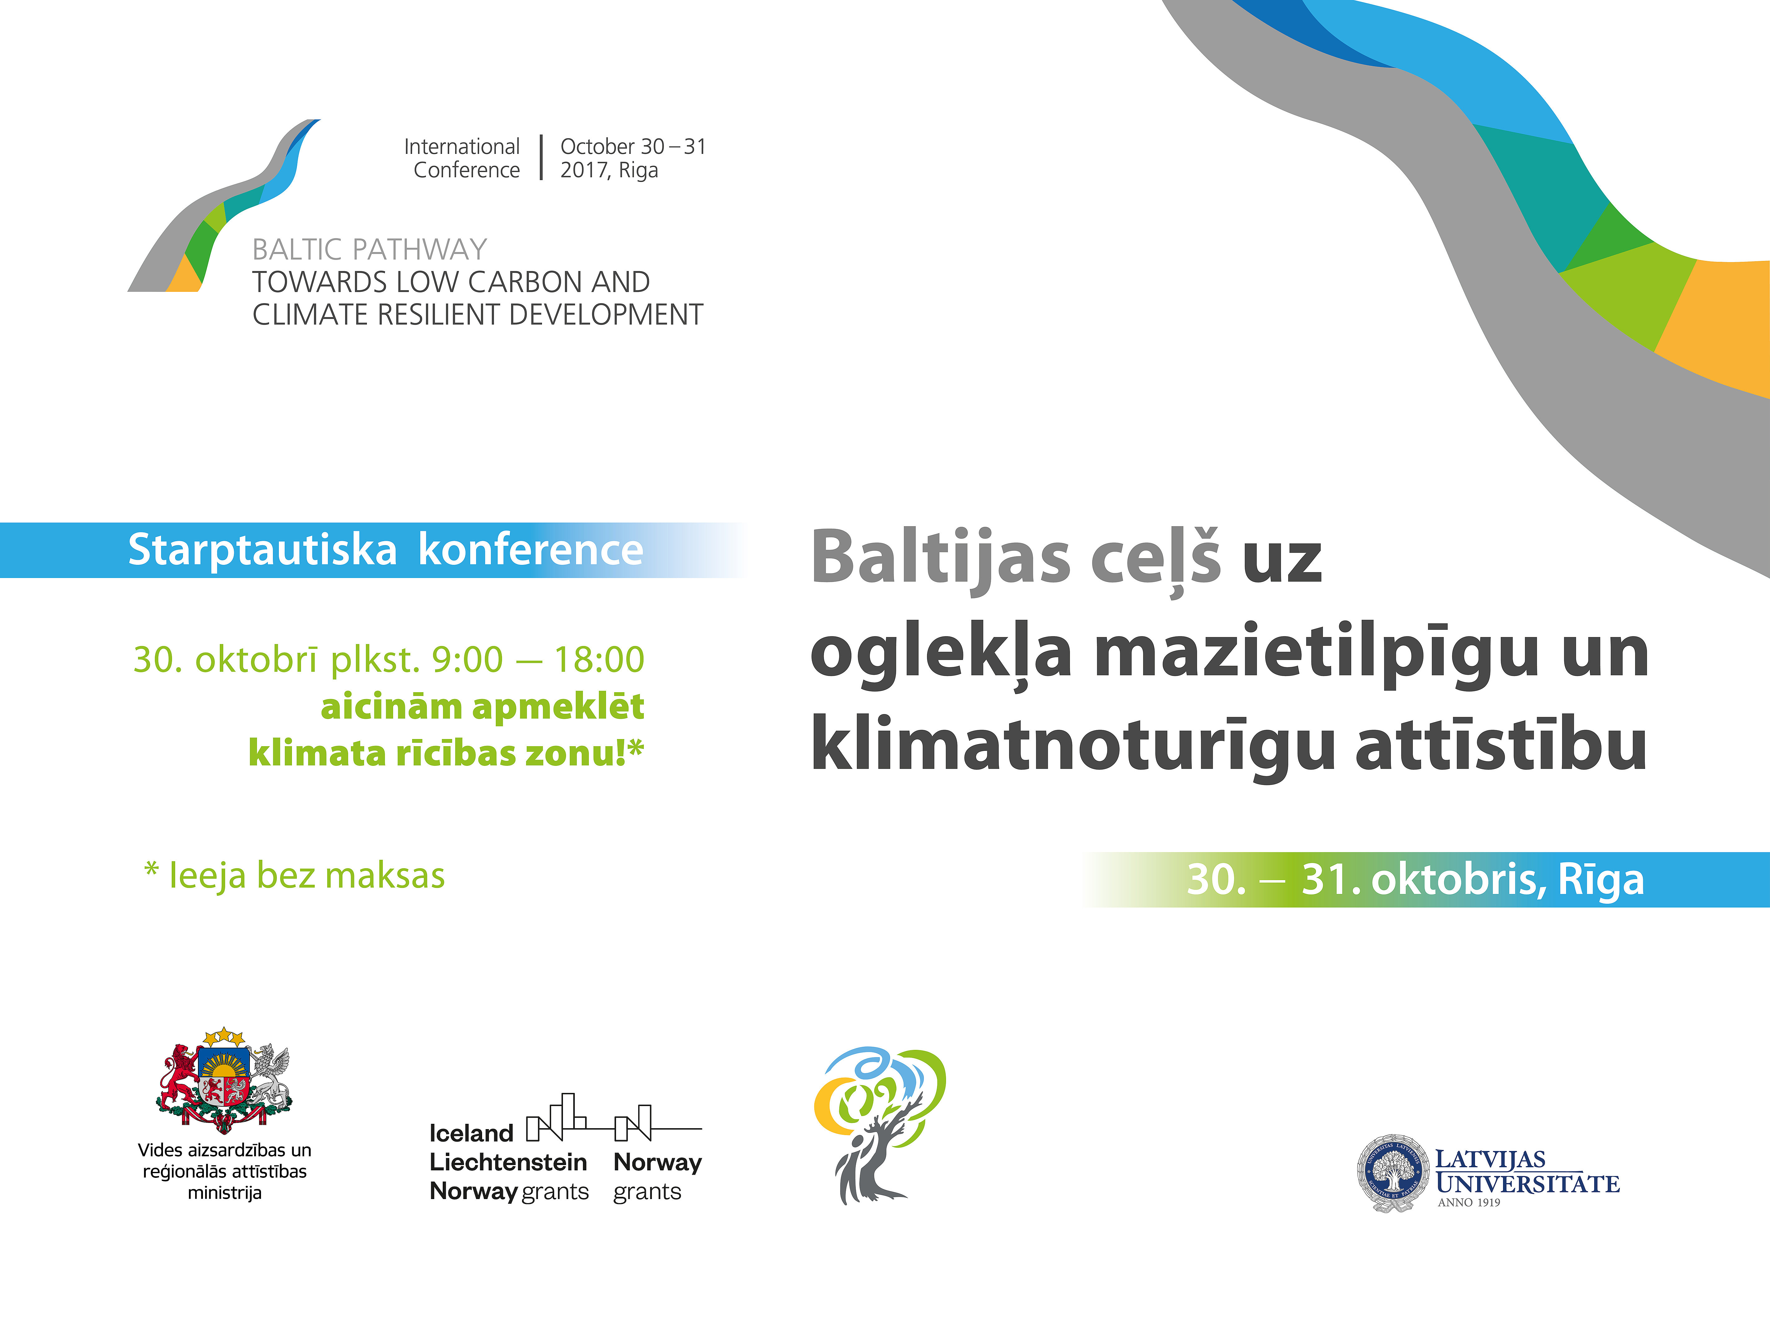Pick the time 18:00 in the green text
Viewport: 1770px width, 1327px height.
599,660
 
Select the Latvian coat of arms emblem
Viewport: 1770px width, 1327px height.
225,1080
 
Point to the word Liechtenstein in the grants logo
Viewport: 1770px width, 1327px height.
508,1162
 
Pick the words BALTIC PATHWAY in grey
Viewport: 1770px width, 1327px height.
370,250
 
